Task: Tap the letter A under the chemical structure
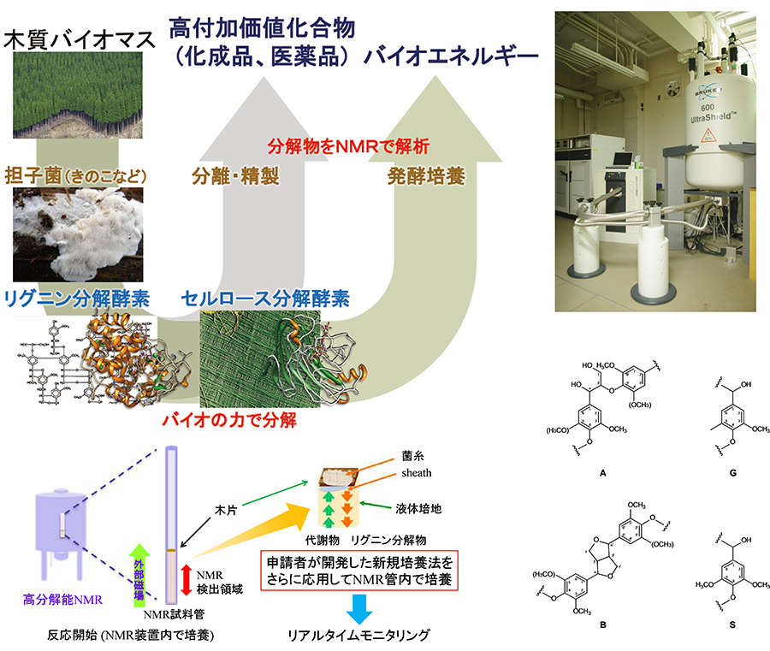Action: [x=604, y=473]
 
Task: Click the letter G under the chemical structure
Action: [x=733, y=473]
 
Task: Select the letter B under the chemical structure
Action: [x=603, y=625]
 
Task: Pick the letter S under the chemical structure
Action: [x=733, y=625]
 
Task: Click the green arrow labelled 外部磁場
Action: [x=134, y=570]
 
